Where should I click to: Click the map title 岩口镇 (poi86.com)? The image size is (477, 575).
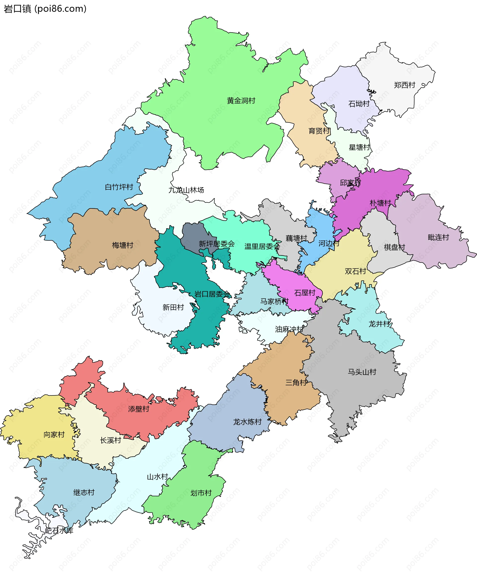point(45,9)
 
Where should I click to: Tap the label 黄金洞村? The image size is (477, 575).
point(241,101)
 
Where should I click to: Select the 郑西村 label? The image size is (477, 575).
point(404,85)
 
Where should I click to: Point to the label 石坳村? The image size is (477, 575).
point(359,104)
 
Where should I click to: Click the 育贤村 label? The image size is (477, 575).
point(319,131)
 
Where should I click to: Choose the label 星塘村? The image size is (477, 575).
point(359,147)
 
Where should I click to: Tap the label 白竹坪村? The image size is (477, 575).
point(119,187)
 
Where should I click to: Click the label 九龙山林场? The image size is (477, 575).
point(186,190)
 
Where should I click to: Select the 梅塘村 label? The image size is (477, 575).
point(122,245)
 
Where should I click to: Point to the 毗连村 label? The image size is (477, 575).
point(438,237)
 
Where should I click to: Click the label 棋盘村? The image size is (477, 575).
point(394,247)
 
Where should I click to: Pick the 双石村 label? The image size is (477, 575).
point(355,271)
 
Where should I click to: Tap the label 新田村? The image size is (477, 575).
point(173,307)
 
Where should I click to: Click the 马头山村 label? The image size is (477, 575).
point(362,372)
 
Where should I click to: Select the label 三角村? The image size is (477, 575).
point(296,383)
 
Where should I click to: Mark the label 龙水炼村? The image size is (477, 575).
point(247,422)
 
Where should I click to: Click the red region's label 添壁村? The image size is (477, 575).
point(139,409)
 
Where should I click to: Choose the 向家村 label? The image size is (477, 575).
point(54,434)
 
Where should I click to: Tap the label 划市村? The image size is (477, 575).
point(201,493)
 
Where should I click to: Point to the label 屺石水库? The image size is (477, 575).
point(59,531)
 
